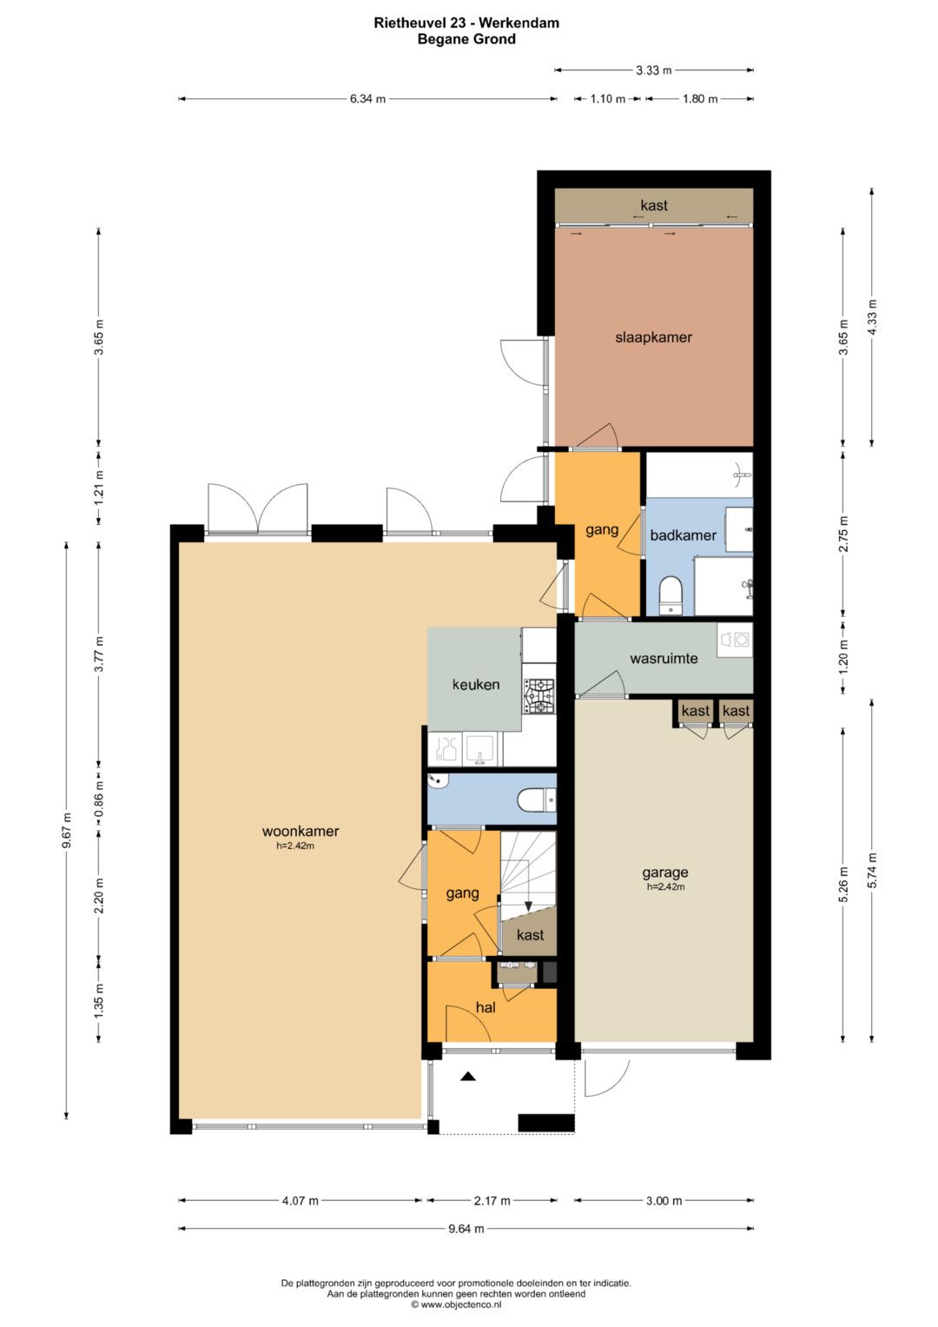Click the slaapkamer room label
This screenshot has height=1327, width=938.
(653, 338)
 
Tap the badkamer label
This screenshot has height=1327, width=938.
(683, 535)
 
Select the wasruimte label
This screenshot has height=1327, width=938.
(664, 658)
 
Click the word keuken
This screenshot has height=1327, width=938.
(476, 684)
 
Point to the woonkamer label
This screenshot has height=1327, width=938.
(301, 831)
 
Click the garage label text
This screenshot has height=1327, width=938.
(665, 873)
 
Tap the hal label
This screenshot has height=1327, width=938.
(486, 1007)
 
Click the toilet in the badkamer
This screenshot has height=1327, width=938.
(670, 594)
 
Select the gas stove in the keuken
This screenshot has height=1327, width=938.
(538, 697)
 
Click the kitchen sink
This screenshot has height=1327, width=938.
(482, 750)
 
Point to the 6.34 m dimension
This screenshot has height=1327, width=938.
(367, 99)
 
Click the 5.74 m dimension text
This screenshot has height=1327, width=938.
(871, 870)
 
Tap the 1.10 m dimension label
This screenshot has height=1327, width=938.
(608, 99)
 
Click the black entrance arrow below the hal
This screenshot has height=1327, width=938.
(468, 1077)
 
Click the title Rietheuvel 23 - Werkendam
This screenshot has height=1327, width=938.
(466, 23)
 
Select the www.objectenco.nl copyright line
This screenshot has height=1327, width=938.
(456, 1304)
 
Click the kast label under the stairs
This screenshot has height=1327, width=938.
(530, 935)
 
